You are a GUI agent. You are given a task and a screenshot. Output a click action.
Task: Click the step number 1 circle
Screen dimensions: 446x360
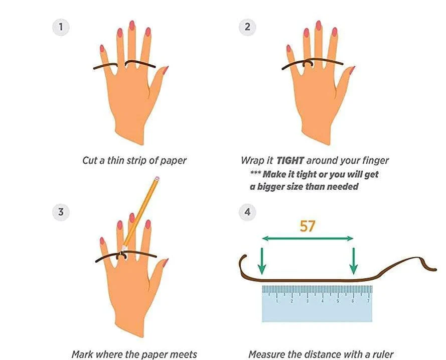pos(61,27)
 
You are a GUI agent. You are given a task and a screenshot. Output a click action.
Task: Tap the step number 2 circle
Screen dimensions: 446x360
pos(247,27)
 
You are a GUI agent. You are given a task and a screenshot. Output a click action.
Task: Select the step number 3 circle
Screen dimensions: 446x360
pos(61,212)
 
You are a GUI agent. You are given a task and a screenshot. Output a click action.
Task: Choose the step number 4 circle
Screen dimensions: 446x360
pos(247,212)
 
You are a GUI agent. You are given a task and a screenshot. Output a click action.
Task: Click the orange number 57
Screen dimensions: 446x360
pos(308,226)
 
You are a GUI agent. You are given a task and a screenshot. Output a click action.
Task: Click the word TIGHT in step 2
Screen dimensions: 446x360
pos(290,161)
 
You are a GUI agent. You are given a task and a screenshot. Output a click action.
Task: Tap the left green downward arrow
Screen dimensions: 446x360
pos(262,261)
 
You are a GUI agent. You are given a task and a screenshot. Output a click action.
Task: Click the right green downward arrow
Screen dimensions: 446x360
pos(354,261)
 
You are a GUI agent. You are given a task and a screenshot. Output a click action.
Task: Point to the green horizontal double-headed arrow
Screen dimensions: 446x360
pos(308,238)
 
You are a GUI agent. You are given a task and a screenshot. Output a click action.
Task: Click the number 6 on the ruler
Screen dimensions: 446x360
pos(353,301)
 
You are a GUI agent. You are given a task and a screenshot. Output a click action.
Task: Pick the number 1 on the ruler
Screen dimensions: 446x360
pos(277,301)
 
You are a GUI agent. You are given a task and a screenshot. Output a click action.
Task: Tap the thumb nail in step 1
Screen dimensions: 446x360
pos(165,70)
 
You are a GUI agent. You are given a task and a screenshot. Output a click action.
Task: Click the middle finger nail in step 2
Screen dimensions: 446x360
pos(319,25)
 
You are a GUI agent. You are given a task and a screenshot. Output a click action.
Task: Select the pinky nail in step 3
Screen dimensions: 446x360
pos(102,241)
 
